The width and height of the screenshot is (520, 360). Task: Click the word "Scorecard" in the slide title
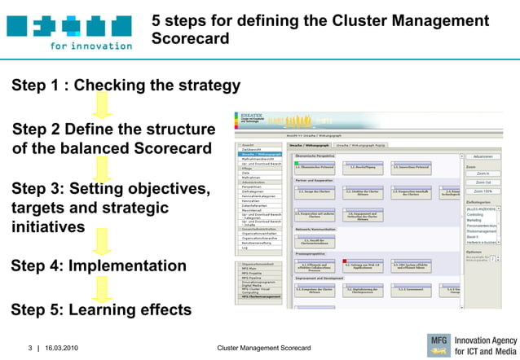pos(190,38)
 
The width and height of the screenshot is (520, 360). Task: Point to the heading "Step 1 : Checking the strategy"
pos(126,86)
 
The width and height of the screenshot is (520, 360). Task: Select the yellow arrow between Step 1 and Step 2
pos(102,106)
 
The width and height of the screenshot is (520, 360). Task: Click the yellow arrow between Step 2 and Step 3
pos(102,169)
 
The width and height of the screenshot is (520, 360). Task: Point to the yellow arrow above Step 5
pos(102,288)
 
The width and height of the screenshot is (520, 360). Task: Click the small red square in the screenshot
pos(345,261)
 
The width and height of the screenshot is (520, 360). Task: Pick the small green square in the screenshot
pos(297,163)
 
